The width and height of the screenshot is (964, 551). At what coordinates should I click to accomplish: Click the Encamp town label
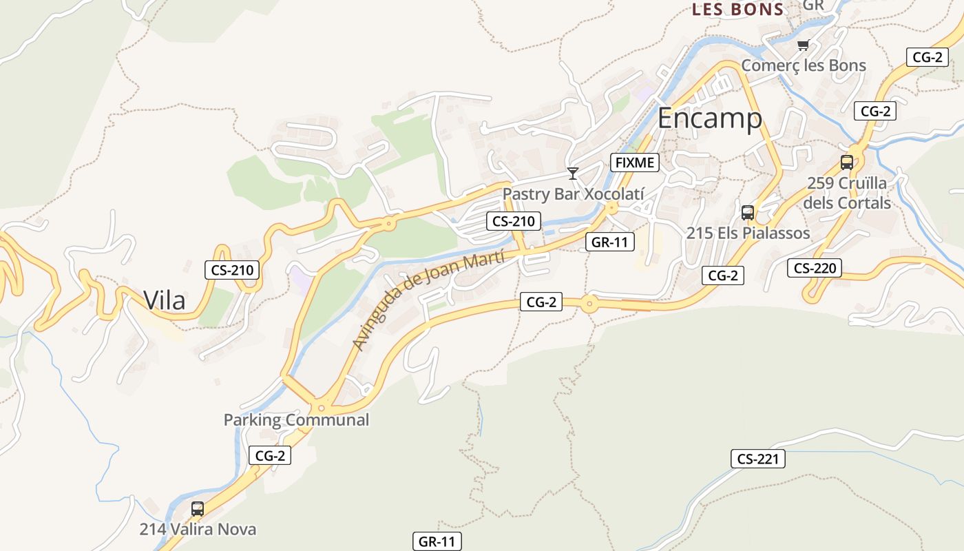click(x=709, y=118)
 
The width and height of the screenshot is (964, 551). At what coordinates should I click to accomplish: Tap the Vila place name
click(x=165, y=300)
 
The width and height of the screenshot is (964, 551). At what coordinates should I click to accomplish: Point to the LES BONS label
click(x=737, y=10)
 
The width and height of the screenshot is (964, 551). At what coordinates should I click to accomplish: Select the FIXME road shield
click(x=635, y=163)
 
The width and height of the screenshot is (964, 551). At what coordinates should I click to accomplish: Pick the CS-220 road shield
click(x=815, y=268)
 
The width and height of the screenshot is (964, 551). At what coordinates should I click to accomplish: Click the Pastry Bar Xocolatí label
click(x=573, y=194)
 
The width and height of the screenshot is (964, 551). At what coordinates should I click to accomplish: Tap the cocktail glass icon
click(x=572, y=173)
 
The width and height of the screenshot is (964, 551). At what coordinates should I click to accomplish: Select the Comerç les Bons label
click(x=803, y=65)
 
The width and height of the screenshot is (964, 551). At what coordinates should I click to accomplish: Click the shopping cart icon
click(x=802, y=45)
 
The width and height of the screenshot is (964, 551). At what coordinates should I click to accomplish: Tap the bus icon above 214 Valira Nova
click(x=198, y=509)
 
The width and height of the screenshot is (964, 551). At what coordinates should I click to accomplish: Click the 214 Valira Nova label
click(x=198, y=529)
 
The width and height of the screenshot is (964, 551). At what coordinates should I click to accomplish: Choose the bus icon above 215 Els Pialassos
click(x=748, y=213)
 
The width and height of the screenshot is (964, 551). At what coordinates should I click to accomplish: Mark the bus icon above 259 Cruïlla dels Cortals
click(x=847, y=163)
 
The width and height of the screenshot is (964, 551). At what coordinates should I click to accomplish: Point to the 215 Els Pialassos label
click(x=748, y=233)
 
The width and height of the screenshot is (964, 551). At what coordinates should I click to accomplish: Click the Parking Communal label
click(x=296, y=419)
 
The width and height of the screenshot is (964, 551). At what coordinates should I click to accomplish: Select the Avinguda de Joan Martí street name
click(x=428, y=300)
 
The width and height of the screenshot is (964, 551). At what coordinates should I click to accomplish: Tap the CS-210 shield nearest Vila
click(x=233, y=270)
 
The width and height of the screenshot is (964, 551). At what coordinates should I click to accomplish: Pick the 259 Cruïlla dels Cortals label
click(x=847, y=193)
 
